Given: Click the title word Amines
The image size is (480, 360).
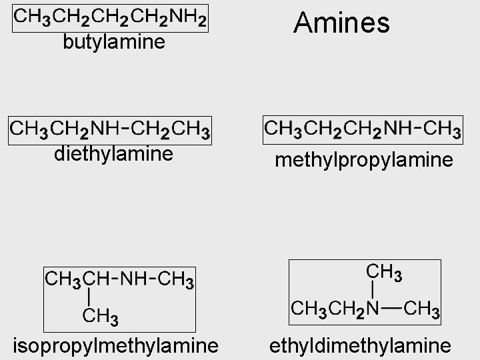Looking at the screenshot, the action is coord(341,23).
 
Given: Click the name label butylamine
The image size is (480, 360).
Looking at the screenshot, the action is coord(113,43).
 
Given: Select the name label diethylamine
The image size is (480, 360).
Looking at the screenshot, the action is coord(113,155).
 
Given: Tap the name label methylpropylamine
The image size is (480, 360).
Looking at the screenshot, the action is coord(364,160).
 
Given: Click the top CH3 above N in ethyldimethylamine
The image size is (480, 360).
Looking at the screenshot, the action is coord(384,272).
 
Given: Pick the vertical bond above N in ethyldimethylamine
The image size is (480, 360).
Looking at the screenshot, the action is coord(371,290).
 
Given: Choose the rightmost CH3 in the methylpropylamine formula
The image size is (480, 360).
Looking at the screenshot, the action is coord(442,127).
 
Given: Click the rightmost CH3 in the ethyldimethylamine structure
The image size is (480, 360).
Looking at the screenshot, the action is coord(421,309).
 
